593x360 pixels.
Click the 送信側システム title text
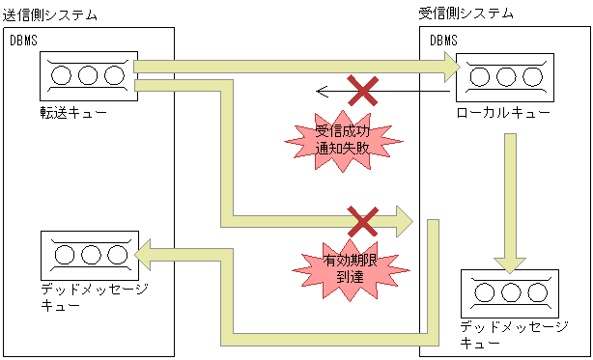[49, 14]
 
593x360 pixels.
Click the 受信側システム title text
[466, 14]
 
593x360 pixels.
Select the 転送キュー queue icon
[88, 76]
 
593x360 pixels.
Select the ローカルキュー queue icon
[505, 76]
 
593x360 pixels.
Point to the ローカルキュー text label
[504, 114]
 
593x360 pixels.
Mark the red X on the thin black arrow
[362, 92]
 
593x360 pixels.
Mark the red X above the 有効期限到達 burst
[362, 221]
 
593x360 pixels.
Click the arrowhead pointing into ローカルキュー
[451, 67]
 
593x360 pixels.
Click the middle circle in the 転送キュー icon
[88, 75]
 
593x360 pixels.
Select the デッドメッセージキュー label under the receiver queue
[513, 335]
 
